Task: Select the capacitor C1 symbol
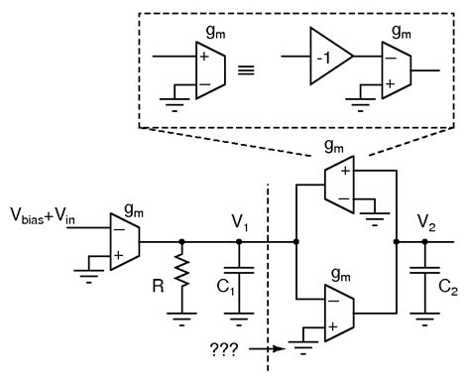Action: [239, 270]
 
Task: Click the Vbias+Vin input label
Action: [49, 215]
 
